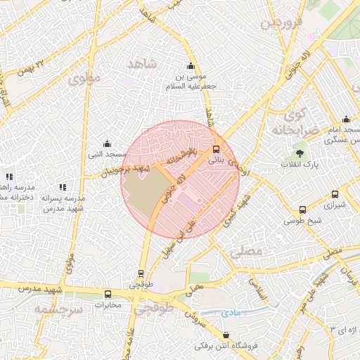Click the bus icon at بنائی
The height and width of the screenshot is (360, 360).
click(215, 149)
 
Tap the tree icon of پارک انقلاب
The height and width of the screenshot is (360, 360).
click(300, 153)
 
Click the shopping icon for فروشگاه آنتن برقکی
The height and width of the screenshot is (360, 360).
click(226, 335)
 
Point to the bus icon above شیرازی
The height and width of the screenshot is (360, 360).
click(335, 195)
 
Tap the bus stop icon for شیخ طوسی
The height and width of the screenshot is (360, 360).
click(302, 210)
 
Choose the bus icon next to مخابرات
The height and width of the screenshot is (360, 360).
click(108, 295)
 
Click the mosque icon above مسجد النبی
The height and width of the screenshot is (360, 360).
click(107, 143)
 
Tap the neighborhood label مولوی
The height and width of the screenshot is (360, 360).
click(86, 78)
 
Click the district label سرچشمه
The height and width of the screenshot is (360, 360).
click(58, 309)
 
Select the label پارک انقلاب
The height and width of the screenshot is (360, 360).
click(300, 165)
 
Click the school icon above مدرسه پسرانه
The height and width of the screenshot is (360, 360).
click(62, 187)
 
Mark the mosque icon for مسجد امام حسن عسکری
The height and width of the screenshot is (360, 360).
click(346, 120)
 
